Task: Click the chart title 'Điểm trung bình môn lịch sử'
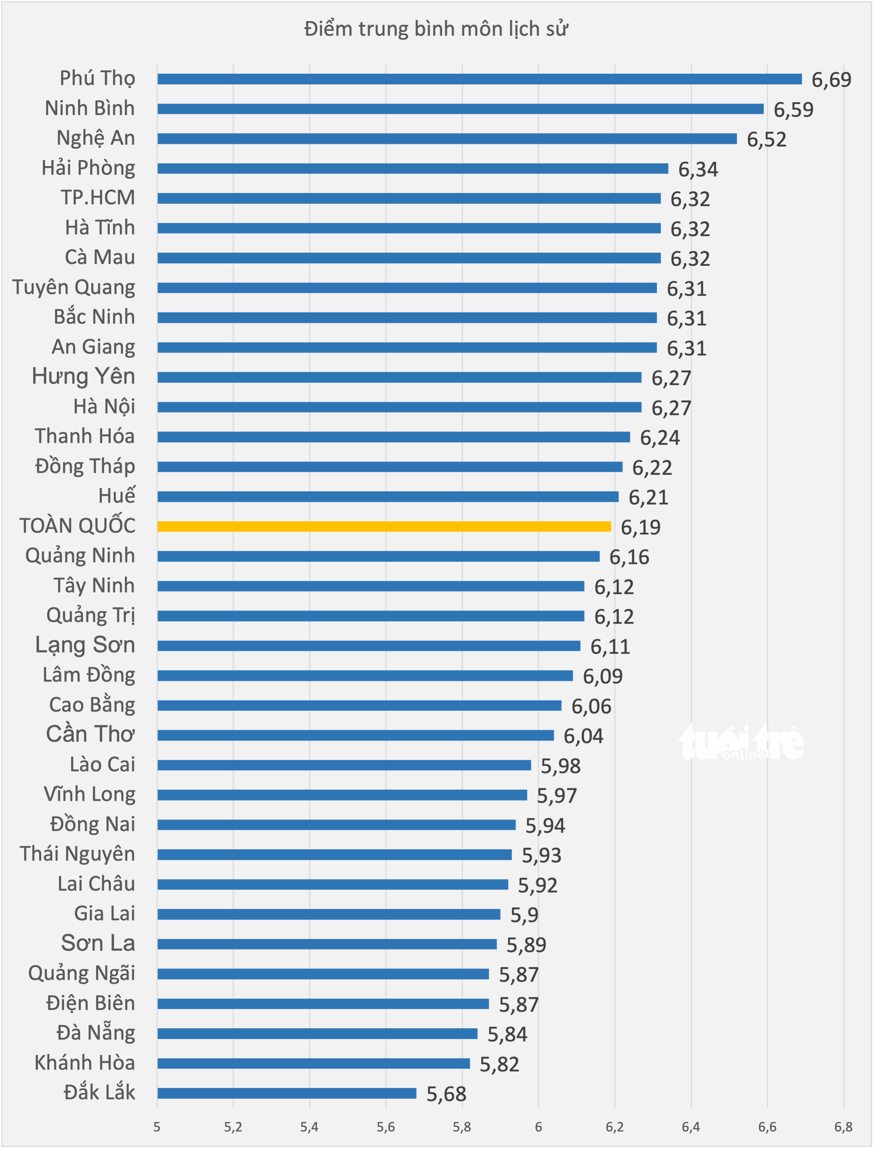[x=436, y=29]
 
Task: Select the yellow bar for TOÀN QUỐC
[x=384, y=526]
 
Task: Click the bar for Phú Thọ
[x=480, y=79]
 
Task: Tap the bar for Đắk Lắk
[x=287, y=1093]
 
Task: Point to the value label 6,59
[x=793, y=110]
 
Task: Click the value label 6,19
[x=640, y=528]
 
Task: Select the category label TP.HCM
[x=98, y=198]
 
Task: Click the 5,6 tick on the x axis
[x=385, y=1127]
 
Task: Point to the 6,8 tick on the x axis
[x=843, y=1127]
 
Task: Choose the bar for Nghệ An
[x=447, y=139]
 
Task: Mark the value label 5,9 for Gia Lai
[x=524, y=915]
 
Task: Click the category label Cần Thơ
[x=90, y=734]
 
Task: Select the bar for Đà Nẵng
[x=317, y=1034]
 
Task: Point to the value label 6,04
[x=583, y=736]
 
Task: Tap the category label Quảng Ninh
[x=80, y=556]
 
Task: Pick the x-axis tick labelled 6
[x=538, y=1127]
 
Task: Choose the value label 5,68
[x=446, y=1094]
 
